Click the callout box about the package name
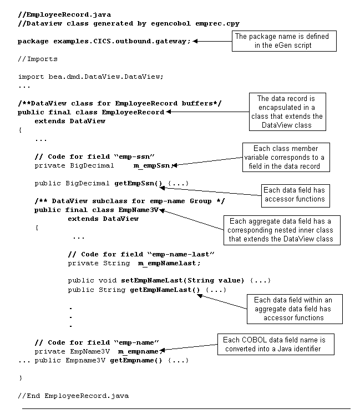pyautogui.click(x=282, y=41)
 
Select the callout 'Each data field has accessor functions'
pyautogui.click(x=293, y=194)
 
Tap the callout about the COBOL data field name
pyautogui.click(x=280, y=344)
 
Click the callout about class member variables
pyautogui.click(x=285, y=157)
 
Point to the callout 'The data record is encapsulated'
pyautogui.click(x=287, y=112)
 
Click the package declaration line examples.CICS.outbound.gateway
pyautogui.click(x=104, y=41)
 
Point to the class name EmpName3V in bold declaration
pyautogui.click(x=138, y=210)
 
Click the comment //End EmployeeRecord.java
pyautogui.click(x=73, y=395)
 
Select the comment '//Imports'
pyautogui.click(x=37, y=59)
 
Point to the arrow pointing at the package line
pyautogui.click(x=211, y=41)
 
